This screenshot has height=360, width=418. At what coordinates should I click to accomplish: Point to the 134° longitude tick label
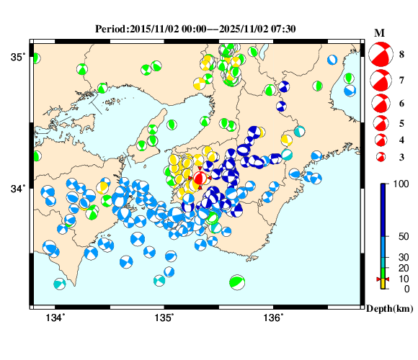[55, 319]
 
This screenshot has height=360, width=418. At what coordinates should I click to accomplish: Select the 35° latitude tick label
[17, 56]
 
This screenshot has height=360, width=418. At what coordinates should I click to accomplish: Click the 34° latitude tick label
[17, 189]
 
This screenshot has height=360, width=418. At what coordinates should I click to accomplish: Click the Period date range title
[196, 29]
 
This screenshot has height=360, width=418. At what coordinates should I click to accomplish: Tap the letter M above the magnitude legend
[379, 33]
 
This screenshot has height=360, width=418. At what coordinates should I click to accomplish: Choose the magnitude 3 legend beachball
[380, 157]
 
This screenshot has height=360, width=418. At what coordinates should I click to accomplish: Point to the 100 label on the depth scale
[401, 186]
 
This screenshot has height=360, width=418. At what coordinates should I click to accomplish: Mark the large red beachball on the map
[200, 178]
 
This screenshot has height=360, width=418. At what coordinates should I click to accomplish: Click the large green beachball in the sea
[236, 283]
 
